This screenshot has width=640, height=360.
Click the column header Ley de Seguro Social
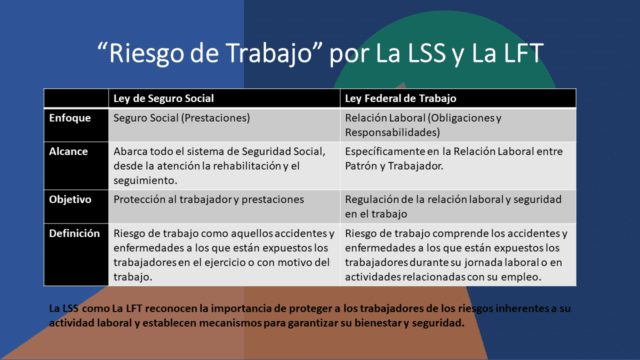[162, 99]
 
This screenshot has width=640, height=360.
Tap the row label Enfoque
[70, 118]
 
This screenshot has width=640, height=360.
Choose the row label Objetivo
[71, 199]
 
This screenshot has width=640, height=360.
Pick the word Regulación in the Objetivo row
[375, 199]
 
